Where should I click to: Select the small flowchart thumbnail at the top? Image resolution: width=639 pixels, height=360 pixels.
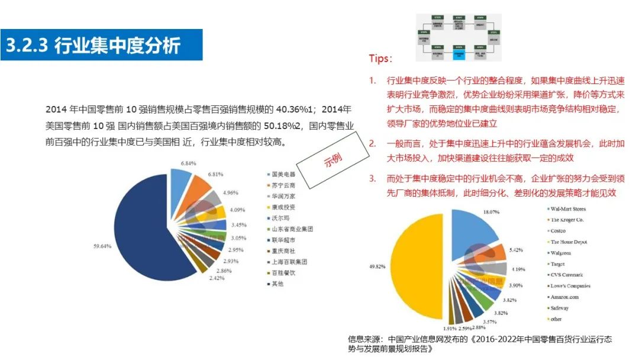459,38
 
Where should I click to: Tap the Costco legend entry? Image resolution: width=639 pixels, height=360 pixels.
559,231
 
